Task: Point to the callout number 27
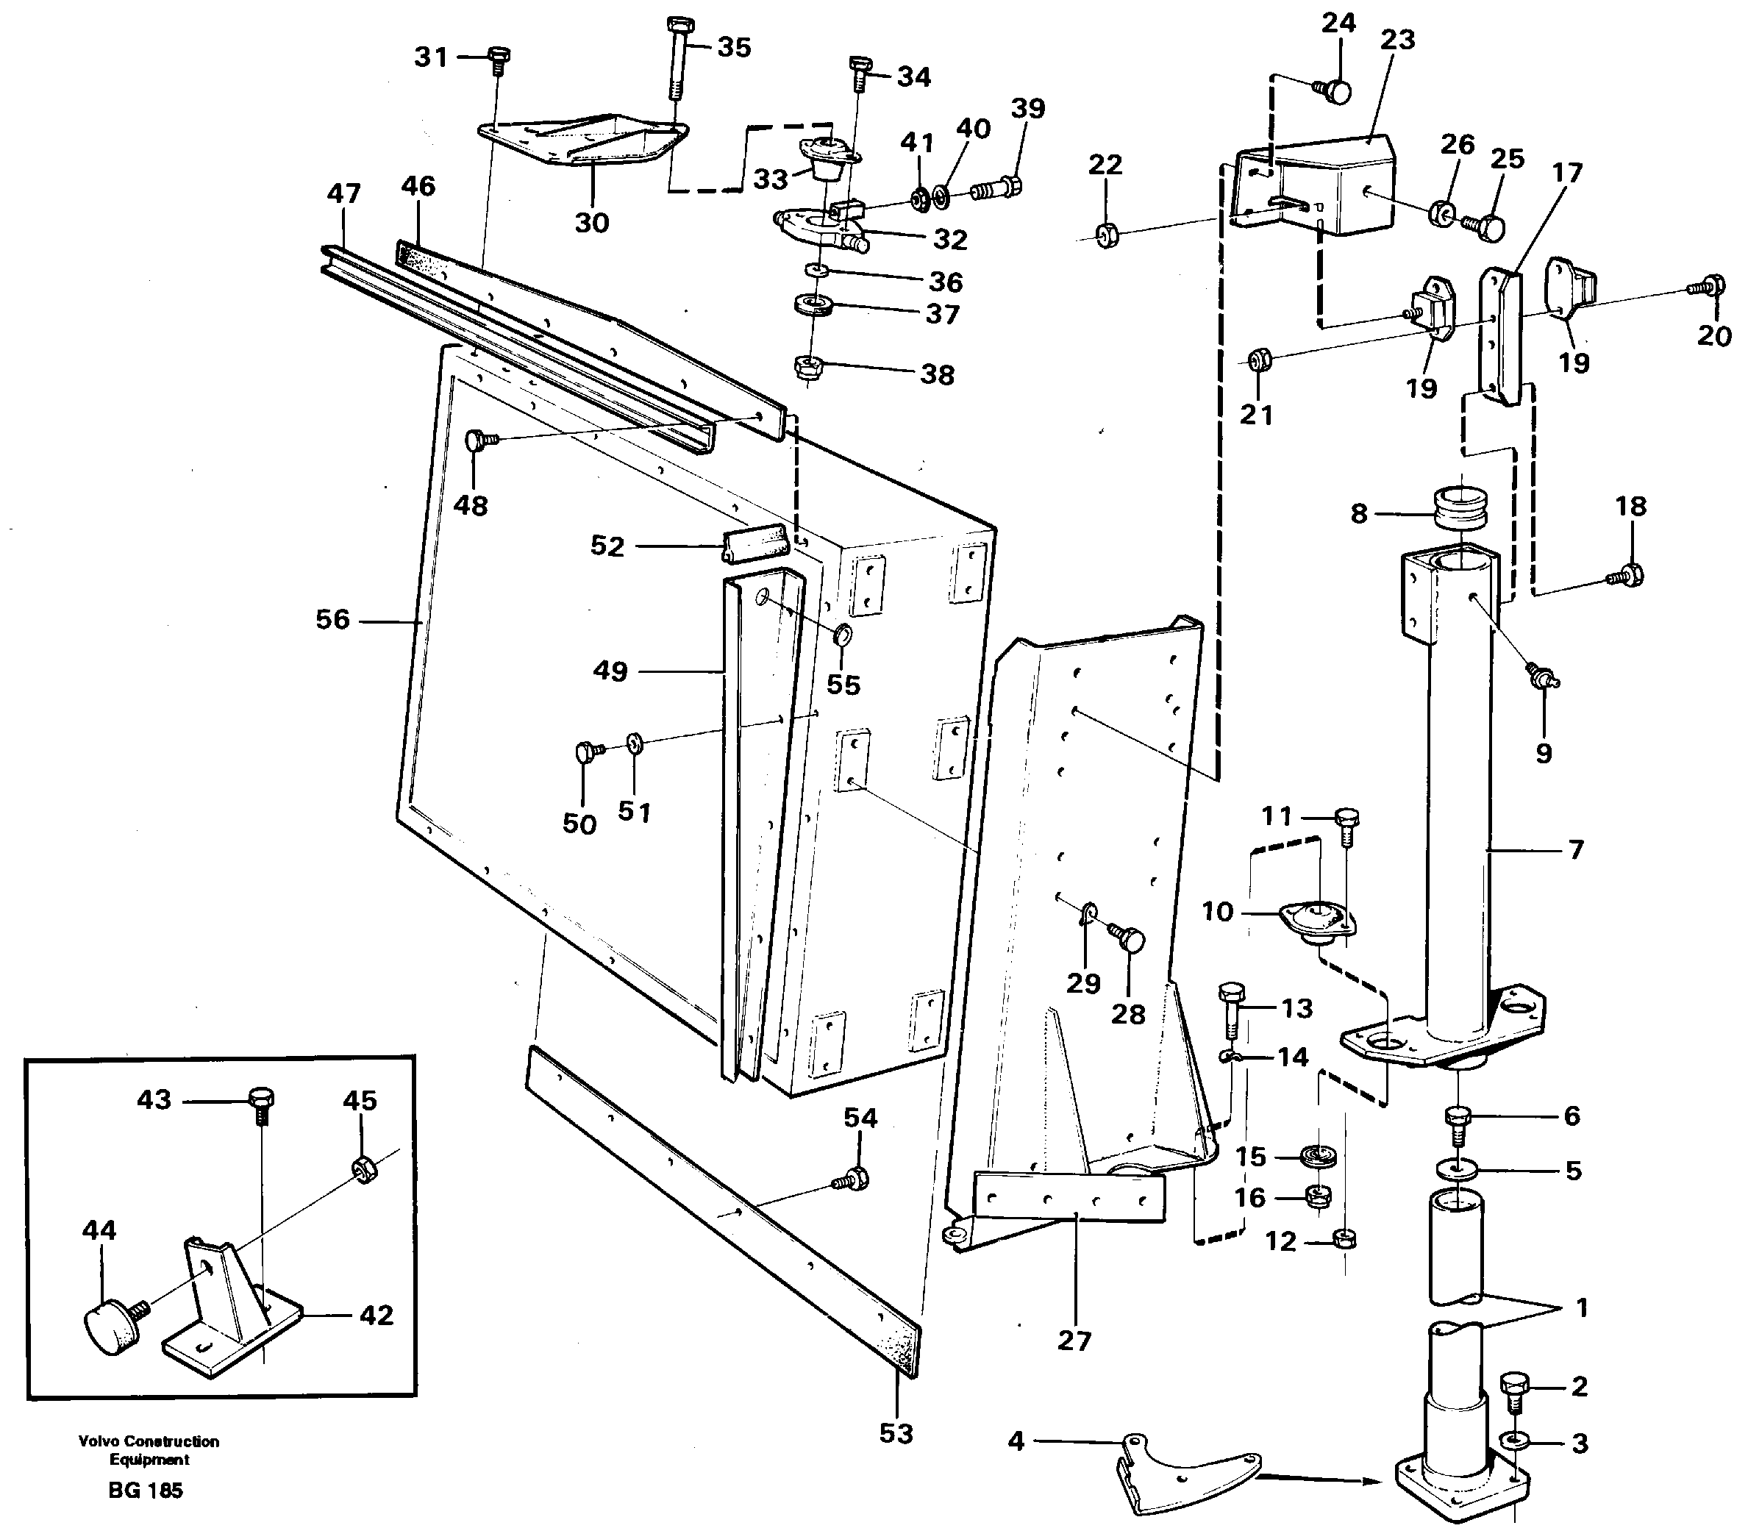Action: [1074, 1341]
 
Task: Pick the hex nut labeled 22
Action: [1107, 234]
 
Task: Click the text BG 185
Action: [146, 1491]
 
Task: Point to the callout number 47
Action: [343, 194]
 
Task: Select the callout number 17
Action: [1567, 173]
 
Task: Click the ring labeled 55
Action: [843, 635]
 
